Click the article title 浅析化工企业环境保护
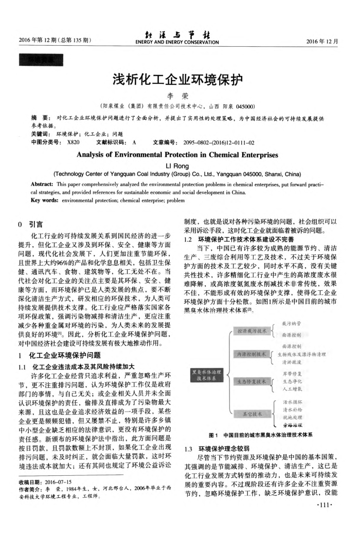tap(180, 80)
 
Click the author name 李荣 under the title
tap(180, 96)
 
